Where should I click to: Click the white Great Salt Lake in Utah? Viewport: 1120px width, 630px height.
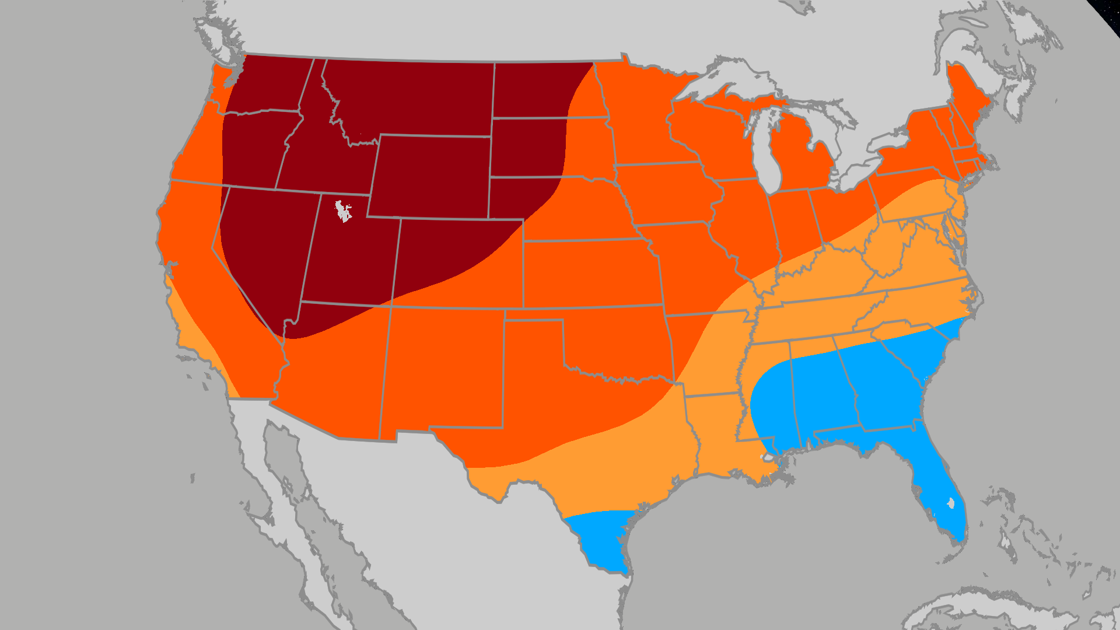coord(343,211)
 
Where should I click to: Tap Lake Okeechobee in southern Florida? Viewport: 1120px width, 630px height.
coord(951,502)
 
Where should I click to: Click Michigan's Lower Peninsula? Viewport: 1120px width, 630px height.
coord(802,152)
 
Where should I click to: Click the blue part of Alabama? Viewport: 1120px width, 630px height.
coord(817,397)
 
